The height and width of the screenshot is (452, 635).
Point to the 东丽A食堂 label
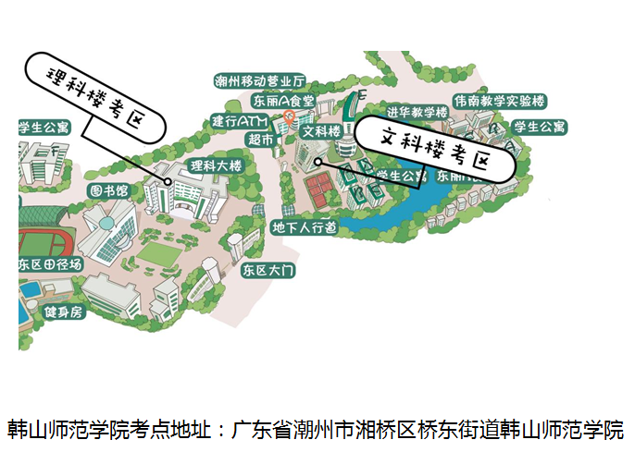coord(282,100)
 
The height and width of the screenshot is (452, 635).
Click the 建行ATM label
coord(238,121)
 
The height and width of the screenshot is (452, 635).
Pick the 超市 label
coord(260,140)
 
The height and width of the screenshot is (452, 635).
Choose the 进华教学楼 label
coord(417,112)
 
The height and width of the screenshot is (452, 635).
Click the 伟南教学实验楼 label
coord(499,100)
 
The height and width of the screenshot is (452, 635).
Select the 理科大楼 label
coord(216,165)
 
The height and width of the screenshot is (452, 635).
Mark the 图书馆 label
coord(108,190)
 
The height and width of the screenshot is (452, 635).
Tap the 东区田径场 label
coord(50,264)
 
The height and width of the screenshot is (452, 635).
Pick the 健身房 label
coord(63,312)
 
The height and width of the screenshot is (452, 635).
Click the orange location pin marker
coord(289,116)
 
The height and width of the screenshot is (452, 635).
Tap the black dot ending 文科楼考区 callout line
coord(317,162)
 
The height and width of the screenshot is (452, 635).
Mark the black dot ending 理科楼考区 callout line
coord(168,182)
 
